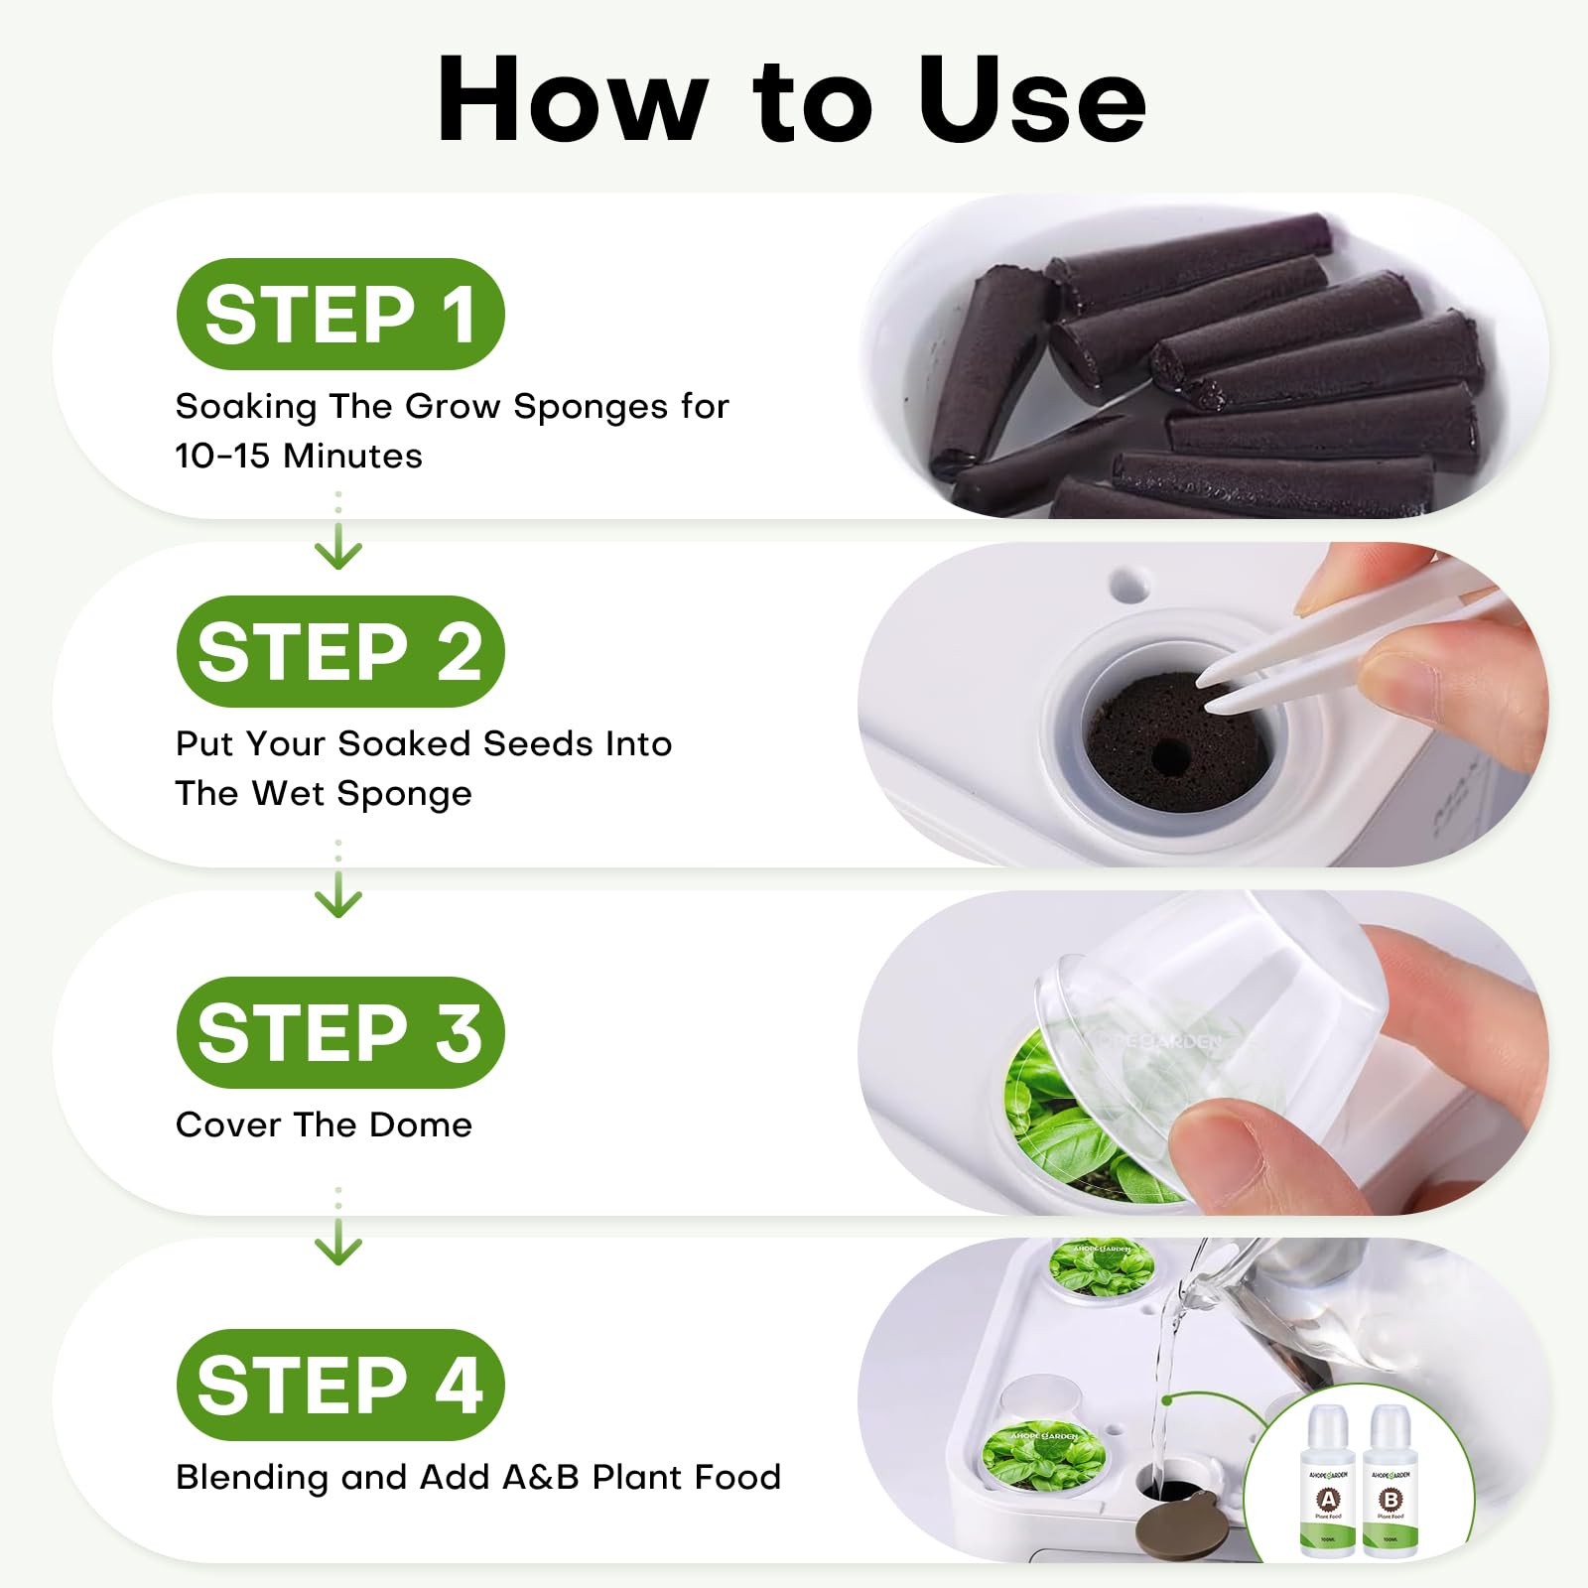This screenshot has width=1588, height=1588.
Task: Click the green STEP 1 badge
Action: (x=339, y=314)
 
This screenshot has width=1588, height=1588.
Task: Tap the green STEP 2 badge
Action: (x=339, y=652)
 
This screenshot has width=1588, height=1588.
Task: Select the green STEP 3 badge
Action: (x=339, y=1032)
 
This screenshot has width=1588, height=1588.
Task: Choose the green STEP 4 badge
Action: (x=339, y=1385)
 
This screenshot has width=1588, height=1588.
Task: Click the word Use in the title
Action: (x=1032, y=99)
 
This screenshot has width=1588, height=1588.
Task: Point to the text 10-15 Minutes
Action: (x=299, y=456)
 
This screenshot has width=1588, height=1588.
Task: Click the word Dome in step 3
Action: (x=428, y=1125)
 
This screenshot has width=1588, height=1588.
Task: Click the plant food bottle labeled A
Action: (x=1328, y=1489)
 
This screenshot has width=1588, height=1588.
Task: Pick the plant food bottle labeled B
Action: (x=1390, y=1489)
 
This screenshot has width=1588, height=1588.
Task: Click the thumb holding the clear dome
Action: (x=1231, y=1151)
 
